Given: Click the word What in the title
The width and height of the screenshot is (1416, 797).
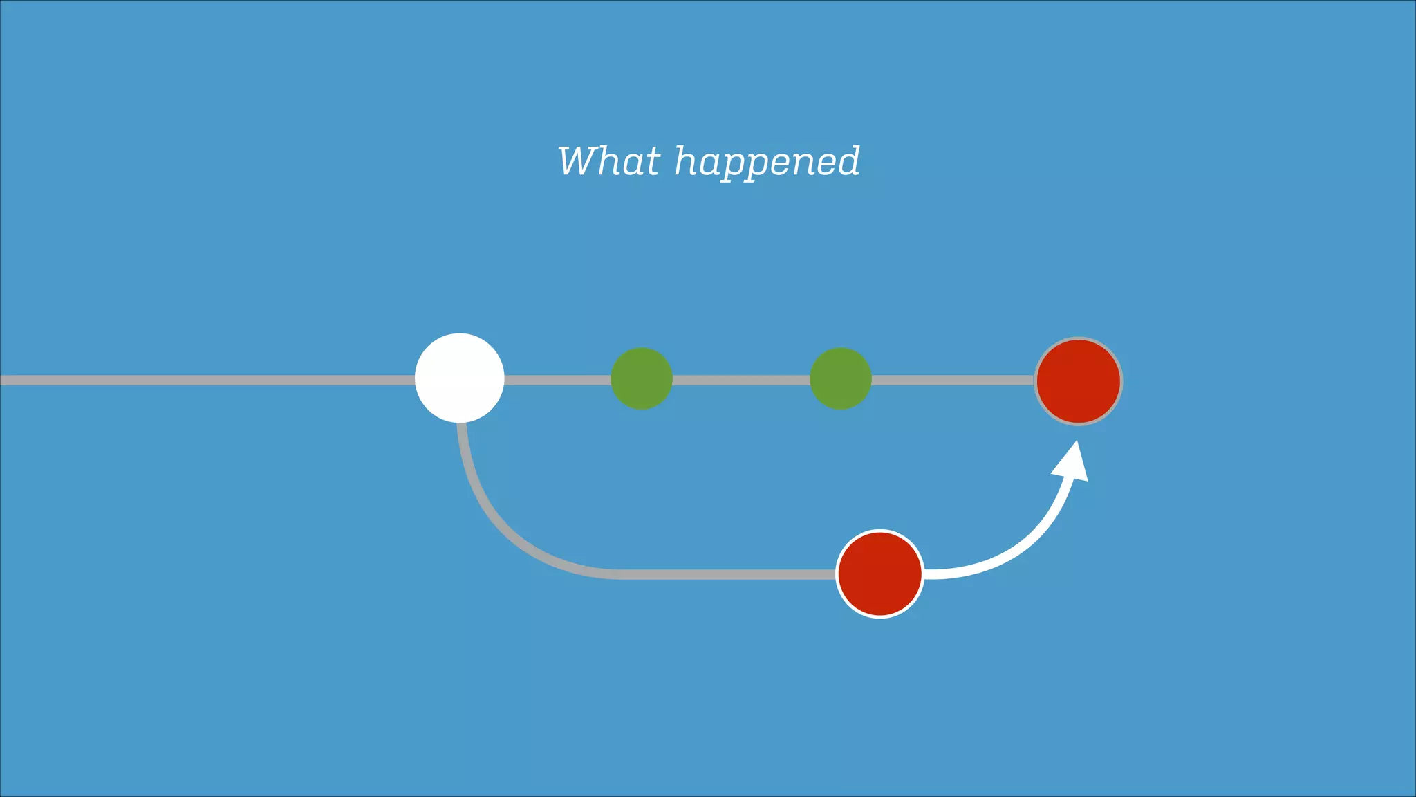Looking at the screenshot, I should point(608,161).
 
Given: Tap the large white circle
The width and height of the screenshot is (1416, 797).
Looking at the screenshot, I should point(460,378).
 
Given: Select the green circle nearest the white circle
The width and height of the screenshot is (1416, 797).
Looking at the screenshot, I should point(642,378).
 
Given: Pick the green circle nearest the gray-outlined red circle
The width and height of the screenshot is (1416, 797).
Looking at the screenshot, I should point(841,378).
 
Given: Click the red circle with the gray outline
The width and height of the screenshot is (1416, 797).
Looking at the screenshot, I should point(1079,381).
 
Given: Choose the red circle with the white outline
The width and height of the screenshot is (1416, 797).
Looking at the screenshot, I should point(880,574).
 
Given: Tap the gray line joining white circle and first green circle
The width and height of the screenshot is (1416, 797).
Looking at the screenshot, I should point(557,380).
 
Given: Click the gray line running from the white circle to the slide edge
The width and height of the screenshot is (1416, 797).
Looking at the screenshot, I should point(207,380).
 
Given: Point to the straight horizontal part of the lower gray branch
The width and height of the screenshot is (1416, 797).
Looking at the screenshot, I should point(726,574).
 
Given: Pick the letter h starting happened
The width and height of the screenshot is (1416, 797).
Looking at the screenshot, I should point(686,161).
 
